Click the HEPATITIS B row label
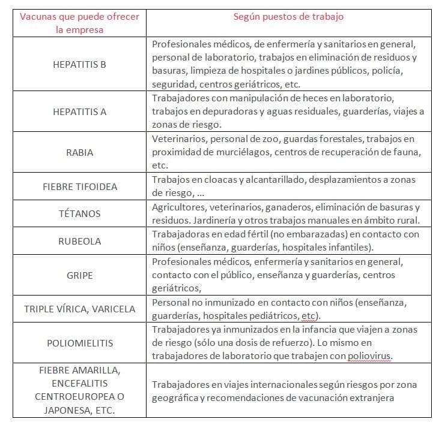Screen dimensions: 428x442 79,64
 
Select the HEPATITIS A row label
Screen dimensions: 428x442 79,111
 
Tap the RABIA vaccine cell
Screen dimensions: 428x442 79,152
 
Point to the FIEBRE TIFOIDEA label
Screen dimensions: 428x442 79,186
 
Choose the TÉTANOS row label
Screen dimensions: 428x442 79,214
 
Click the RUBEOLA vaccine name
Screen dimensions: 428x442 79,242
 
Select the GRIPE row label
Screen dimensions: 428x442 79,276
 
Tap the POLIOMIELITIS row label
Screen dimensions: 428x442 79,343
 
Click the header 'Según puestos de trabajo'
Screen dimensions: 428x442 288,17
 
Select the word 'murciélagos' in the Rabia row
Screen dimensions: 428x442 238,152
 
